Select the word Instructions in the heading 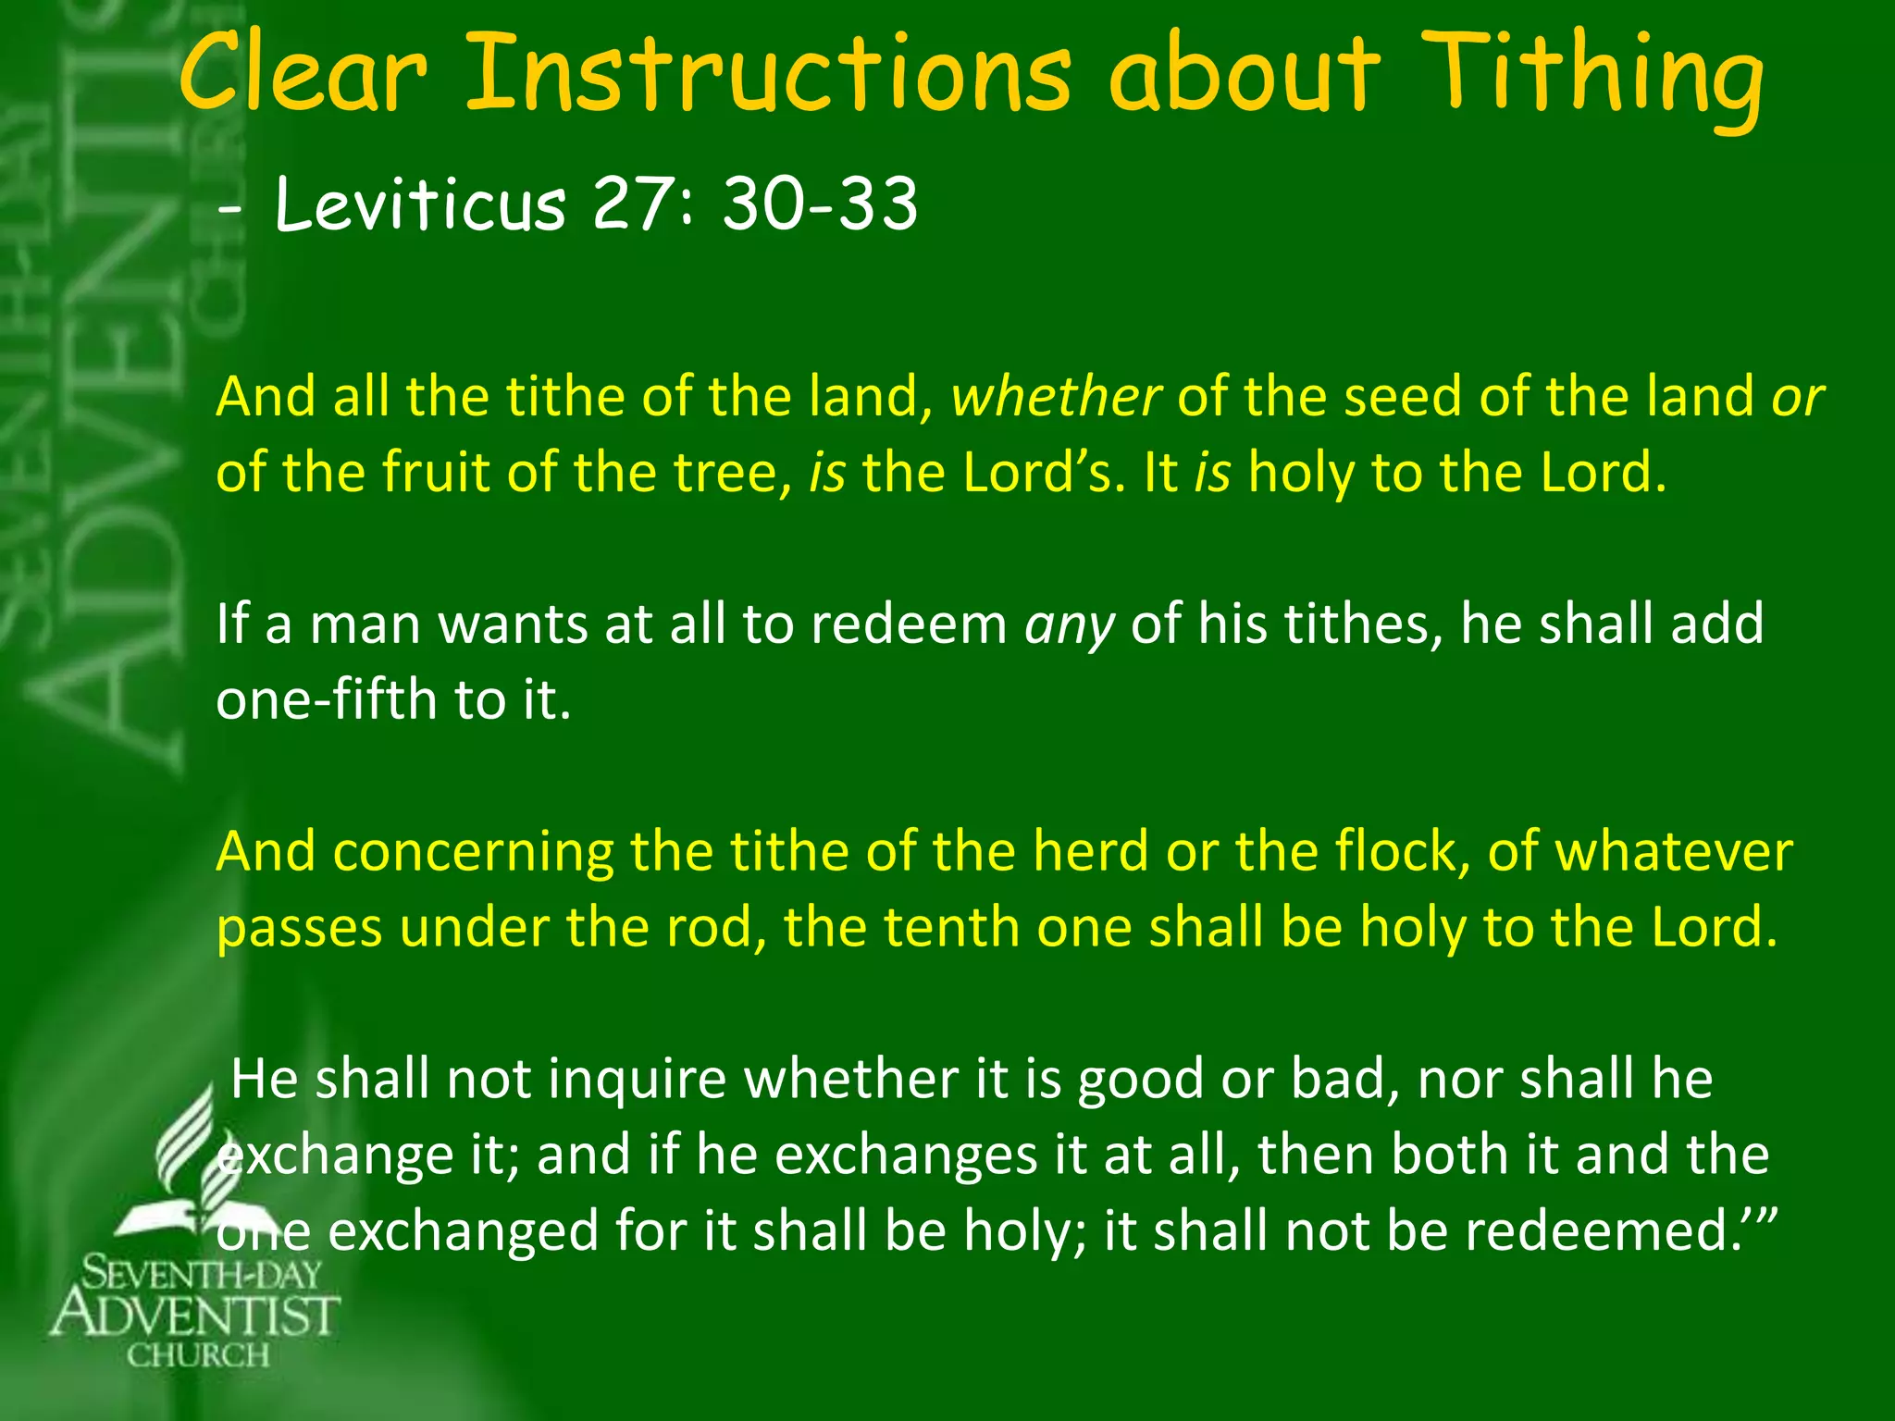767,74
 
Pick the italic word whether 1056,397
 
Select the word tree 732,473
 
